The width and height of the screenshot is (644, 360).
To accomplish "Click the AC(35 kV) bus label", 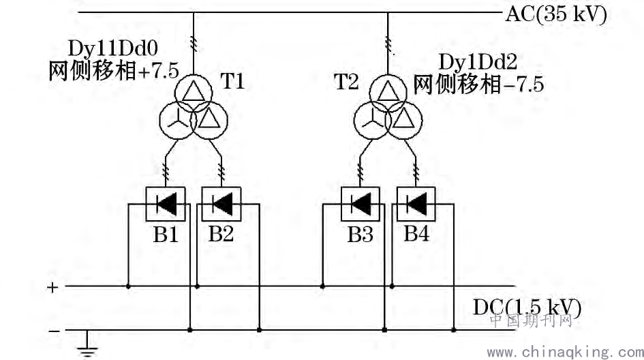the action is tap(555, 14).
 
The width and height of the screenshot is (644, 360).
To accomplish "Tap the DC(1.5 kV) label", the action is tap(527, 307).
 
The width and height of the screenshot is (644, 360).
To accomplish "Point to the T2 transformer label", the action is tap(346, 81).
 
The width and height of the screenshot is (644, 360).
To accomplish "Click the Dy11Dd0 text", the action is tap(113, 48).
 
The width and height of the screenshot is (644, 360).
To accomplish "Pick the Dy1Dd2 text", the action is tap(478, 62).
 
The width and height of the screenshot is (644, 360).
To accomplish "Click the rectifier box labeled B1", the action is tap(166, 204).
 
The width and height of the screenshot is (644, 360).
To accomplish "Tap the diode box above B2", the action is tap(221, 204).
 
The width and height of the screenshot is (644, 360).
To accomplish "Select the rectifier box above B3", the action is tap(361, 204).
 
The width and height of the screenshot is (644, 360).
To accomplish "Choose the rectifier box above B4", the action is tap(416, 204).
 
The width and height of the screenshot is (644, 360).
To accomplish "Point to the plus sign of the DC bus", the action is tap(52, 287).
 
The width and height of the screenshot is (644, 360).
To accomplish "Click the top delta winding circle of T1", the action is tap(194, 75).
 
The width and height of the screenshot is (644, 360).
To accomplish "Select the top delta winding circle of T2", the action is tap(388, 75).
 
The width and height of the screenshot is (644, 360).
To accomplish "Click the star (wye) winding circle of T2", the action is tap(354, 121).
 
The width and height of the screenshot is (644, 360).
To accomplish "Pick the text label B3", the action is tap(361, 235).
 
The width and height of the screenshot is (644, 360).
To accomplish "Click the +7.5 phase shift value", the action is tap(159, 71).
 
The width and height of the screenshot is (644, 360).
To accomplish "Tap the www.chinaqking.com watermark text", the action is tap(566, 352).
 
